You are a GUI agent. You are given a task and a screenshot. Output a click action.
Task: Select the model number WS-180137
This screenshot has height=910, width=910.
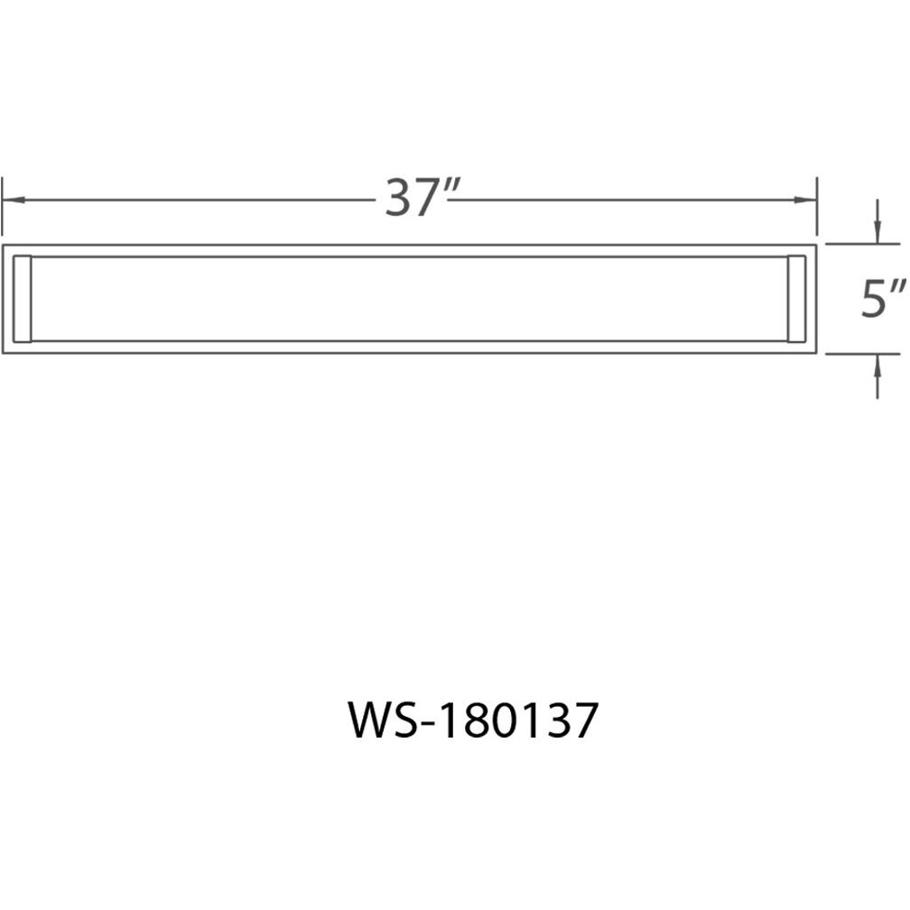(472, 723)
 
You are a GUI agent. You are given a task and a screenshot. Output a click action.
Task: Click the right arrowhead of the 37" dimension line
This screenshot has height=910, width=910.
(809, 200)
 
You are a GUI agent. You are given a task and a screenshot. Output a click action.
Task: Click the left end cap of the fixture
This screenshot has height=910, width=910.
(24, 299)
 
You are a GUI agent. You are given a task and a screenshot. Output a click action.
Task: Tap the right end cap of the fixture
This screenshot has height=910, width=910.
(797, 299)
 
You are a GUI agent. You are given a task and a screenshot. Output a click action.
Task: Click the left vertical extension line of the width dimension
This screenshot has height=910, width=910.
(4, 203)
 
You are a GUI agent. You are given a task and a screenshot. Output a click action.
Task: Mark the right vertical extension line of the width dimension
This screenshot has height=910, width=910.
(817, 203)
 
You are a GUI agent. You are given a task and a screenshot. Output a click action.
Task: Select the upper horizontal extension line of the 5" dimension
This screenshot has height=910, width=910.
(854, 244)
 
